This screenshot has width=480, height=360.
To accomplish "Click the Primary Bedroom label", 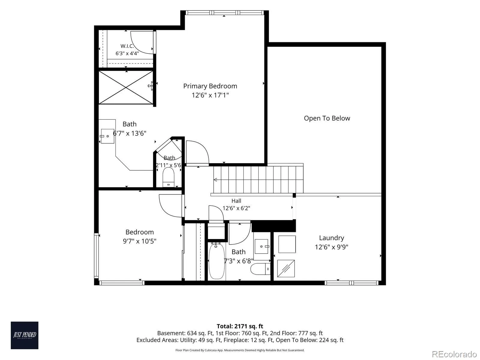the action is click(210, 86).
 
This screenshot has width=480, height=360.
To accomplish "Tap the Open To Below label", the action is click(327, 118).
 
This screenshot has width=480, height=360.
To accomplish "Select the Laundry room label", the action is click(331, 238).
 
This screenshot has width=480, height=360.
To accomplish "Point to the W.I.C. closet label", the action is click(127, 46).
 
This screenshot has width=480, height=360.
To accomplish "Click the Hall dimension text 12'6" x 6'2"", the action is click(236, 208).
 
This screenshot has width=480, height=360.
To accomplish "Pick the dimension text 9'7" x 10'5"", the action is click(139, 241).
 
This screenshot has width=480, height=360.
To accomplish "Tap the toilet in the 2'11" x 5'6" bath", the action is click(168, 177).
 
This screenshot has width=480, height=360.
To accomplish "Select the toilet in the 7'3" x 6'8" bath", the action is click(260, 269).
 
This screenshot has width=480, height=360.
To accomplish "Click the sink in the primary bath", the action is click(107, 136).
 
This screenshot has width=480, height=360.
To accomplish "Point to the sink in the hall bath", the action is click(262, 246).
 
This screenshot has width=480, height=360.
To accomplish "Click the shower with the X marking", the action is click(126, 87).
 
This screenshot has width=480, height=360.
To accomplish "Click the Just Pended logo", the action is click(25, 335).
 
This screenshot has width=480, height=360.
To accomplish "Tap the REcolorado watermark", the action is click(454, 354).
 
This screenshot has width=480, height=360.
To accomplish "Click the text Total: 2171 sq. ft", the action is click(240, 326).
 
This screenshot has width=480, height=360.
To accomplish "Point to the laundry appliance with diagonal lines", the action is click(286, 268).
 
